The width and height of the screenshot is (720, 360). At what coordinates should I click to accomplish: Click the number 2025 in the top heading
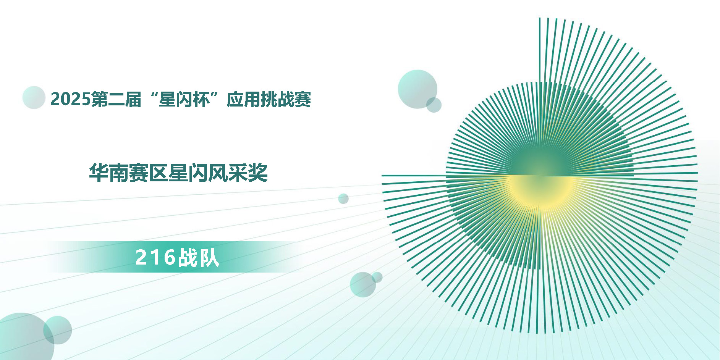pos(71,99)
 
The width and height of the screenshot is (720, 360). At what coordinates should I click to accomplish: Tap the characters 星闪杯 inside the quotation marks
pos(184,99)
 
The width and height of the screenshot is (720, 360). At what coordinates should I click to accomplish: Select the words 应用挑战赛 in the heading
pos(269,99)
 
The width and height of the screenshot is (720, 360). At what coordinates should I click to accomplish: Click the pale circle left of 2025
pos(34,97)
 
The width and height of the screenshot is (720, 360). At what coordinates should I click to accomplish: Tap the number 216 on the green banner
pos(155,257)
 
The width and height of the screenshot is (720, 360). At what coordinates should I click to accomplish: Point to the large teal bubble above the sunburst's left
pos(417,89)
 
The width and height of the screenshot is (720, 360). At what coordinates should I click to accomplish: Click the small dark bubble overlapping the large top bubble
pos(434,105)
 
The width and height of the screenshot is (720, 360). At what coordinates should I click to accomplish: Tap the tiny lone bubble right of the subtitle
pos(343,199)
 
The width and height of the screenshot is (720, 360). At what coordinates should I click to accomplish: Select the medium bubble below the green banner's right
pos(363,284)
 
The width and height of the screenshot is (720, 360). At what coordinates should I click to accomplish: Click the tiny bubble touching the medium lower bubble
pos(377,277)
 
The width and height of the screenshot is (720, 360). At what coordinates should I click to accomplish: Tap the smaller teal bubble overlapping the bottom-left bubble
pos(58,330)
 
